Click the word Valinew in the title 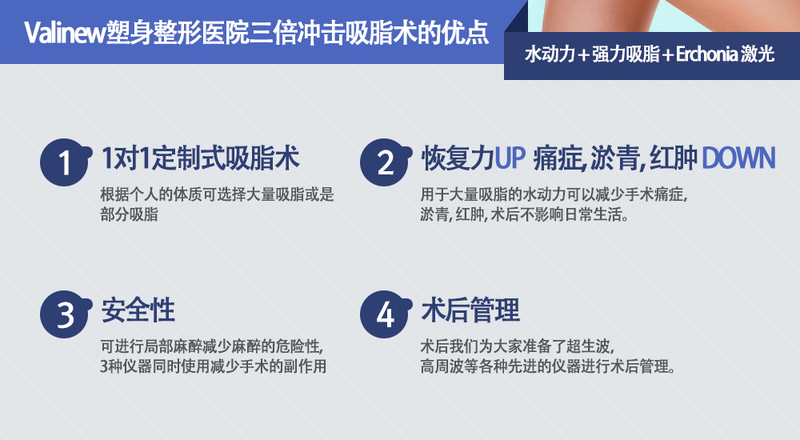[65, 33]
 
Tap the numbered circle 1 [65, 162]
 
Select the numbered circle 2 [385, 162]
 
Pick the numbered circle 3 [65, 314]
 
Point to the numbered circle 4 [385, 314]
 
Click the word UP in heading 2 [510, 158]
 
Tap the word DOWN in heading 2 [738, 158]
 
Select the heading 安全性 [138, 310]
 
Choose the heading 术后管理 [470, 310]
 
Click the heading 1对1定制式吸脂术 [200, 158]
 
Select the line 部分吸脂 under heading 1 [129, 214]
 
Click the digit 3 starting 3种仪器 [104, 366]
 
